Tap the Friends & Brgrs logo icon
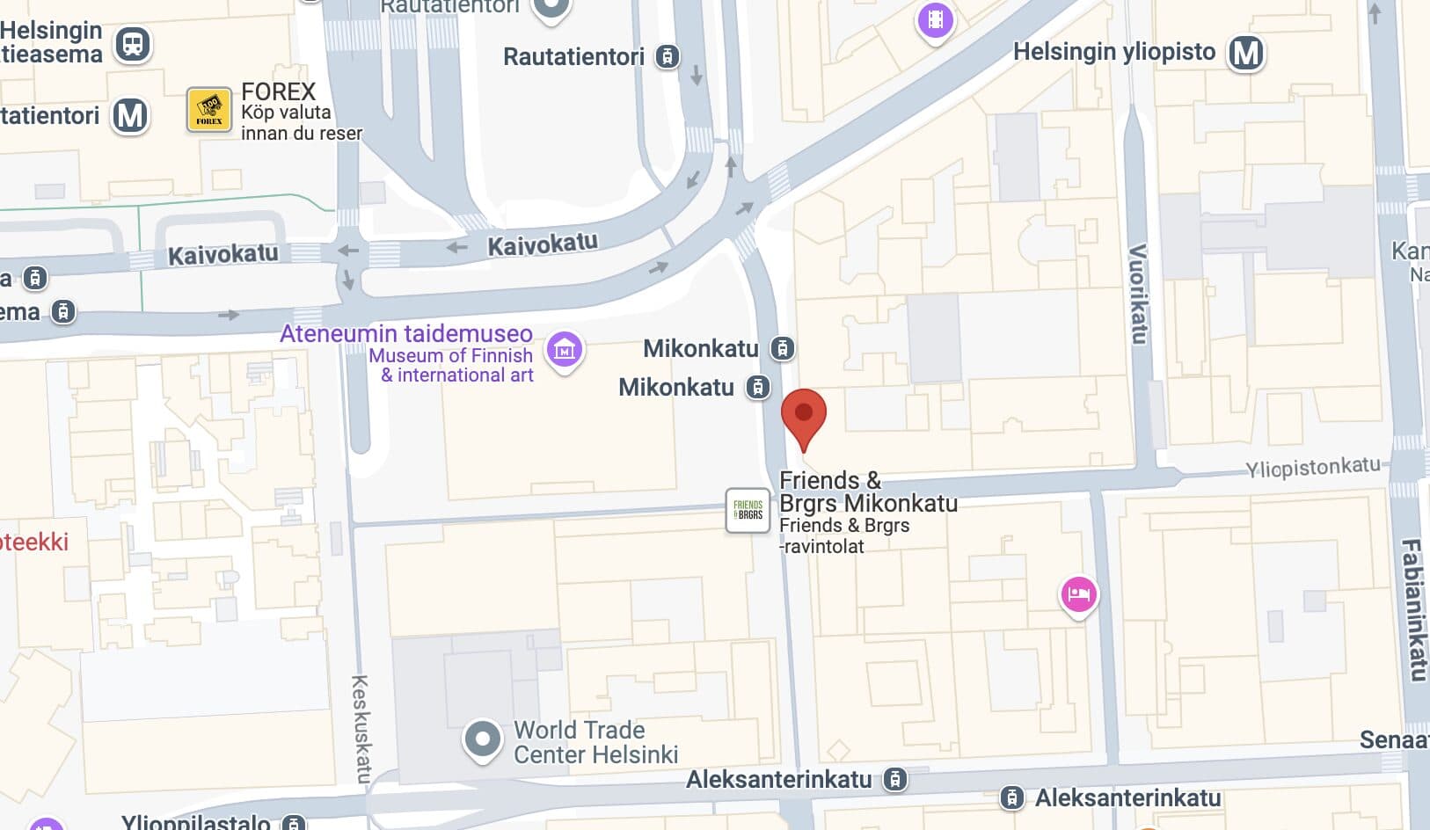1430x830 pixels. (x=748, y=511)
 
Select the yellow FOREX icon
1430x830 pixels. (x=209, y=110)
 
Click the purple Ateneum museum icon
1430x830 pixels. (x=565, y=350)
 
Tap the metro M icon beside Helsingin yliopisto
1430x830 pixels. (x=1246, y=53)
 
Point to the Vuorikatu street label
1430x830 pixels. (x=1138, y=294)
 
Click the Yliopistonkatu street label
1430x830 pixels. (x=1313, y=467)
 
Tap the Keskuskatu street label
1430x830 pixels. (x=361, y=727)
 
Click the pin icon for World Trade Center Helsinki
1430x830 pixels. (x=482, y=739)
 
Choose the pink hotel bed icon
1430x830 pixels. (x=1078, y=595)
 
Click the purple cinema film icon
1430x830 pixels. (x=936, y=19)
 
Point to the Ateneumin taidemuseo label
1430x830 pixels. (x=406, y=334)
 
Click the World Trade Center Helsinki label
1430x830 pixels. (x=595, y=742)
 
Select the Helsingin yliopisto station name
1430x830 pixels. (x=1114, y=52)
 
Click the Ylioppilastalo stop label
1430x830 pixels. (x=196, y=821)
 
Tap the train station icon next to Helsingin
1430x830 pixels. (x=133, y=43)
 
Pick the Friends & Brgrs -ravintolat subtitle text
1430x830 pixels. (x=844, y=535)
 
